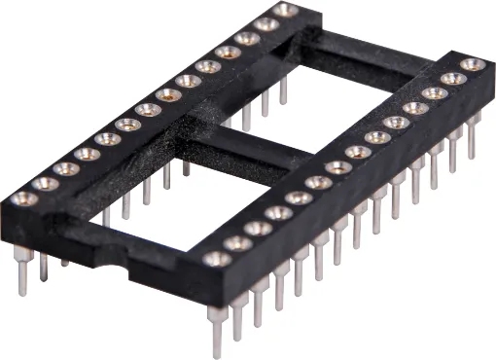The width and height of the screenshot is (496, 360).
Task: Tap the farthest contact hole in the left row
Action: click(286, 10)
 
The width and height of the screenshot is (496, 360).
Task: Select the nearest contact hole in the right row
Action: click(217, 259)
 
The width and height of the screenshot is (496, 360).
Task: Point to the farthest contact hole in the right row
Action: click(473, 65)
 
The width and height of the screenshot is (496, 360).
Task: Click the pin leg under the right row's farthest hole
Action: click(474, 136)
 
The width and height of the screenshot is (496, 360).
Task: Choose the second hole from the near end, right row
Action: click(237, 243)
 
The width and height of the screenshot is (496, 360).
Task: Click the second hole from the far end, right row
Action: click(453, 79)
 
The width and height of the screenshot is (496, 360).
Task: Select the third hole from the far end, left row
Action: click(247, 38)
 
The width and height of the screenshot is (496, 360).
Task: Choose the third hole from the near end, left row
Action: click(66, 168)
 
